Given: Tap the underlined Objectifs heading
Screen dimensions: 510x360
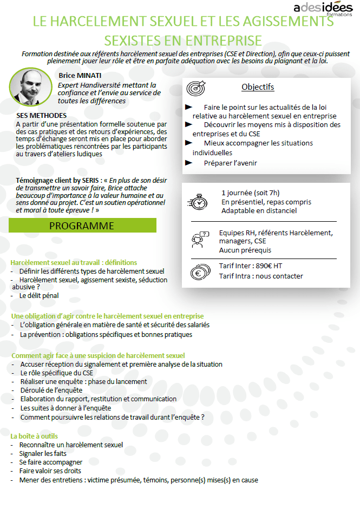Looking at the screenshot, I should point(258,87).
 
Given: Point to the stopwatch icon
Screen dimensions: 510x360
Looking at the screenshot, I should point(199,201).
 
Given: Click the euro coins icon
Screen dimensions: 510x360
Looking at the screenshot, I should point(199,271).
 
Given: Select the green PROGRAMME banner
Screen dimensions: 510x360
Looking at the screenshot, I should point(82,226).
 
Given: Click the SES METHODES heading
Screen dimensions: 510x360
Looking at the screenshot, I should point(42,116).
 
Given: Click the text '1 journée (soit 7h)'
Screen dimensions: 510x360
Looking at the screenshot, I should point(251,193).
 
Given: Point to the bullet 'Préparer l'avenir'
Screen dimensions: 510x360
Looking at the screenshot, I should point(231,163).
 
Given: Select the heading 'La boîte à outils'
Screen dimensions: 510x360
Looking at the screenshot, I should point(35,436).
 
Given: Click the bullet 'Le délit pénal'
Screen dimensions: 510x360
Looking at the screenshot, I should point(39,296).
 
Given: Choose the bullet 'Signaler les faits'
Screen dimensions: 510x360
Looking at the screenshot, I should point(43,454).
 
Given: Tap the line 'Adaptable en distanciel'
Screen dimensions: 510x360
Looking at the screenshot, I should point(259,210).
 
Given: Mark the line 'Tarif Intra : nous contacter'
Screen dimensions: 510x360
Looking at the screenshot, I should point(261,276).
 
